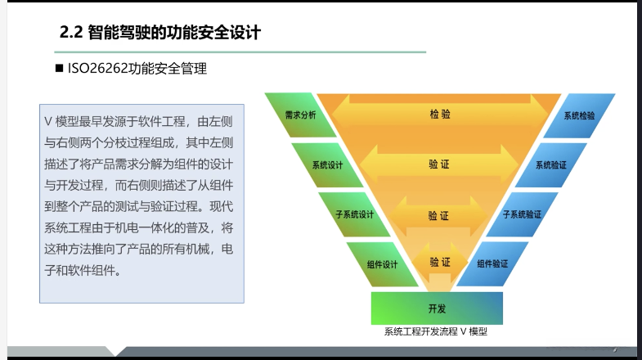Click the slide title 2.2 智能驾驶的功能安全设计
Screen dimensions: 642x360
click(160, 33)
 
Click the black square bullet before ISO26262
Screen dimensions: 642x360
click(59, 70)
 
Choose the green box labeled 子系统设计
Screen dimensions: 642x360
click(354, 214)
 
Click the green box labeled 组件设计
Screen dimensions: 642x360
click(381, 263)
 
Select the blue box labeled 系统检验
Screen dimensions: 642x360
click(579, 115)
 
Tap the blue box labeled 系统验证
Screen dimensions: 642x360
click(551, 164)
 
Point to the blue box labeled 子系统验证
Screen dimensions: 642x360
click(522, 214)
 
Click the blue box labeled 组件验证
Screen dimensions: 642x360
click(492, 263)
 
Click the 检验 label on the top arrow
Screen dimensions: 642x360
click(439, 115)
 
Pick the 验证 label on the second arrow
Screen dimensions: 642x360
click(439, 164)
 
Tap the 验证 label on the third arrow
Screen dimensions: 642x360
click(439, 216)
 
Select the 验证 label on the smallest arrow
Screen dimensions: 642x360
click(440, 262)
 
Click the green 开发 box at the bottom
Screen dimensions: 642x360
click(437, 308)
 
